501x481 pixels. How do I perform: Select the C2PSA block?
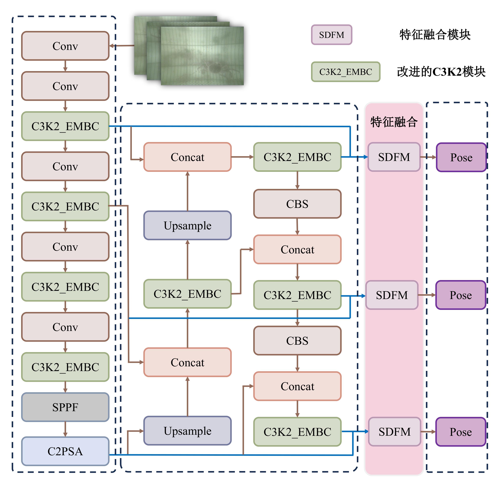pyautogui.click(x=65, y=451)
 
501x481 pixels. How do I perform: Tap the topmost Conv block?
pyautogui.click(x=65, y=46)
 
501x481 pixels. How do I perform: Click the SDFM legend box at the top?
pyautogui.click(x=332, y=35)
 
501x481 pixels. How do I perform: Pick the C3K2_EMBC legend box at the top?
pyautogui.click(x=346, y=72)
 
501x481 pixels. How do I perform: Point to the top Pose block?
pyautogui.click(x=461, y=157)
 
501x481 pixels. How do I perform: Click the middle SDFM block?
pyautogui.click(x=392, y=295)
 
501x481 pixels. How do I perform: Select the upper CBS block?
pyautogui.click(x=297, y=204)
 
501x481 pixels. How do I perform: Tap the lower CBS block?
pyautogui.click(x=297, y=341)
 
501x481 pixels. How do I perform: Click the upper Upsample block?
pyautogui.click(x=187, y=226)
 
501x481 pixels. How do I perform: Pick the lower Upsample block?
pyautogui.click(x=187, y=431)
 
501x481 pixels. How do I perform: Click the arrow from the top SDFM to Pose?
pyautogui.click(x=428, y=157)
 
